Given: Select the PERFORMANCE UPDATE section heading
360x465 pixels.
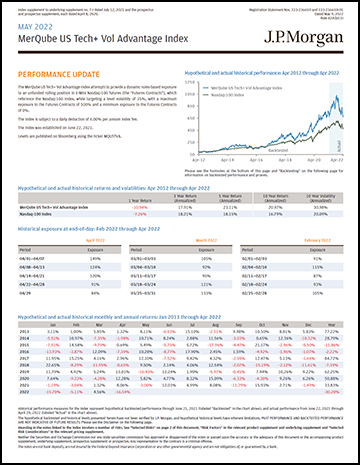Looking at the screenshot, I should click(x=59, y=74).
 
